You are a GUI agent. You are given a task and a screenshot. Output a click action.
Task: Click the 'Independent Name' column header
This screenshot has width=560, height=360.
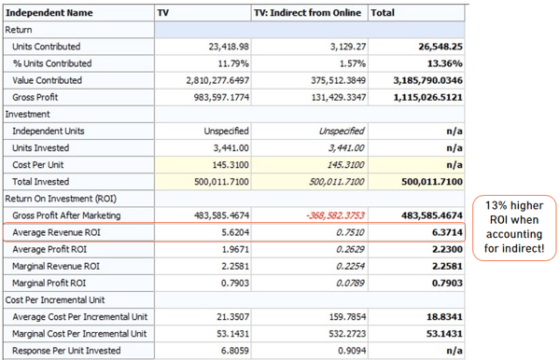49,13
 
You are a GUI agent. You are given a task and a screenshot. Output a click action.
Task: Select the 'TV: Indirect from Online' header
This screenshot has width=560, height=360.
307,13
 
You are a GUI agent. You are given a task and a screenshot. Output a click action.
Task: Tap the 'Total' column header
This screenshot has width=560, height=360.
383,13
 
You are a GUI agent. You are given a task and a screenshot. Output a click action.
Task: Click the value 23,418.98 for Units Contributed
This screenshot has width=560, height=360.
229,47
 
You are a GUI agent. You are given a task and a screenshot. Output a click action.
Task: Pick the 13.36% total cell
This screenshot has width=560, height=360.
444,63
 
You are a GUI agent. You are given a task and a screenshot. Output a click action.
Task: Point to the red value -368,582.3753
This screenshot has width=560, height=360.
335,215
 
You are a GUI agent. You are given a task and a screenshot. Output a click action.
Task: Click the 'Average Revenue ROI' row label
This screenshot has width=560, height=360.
56,232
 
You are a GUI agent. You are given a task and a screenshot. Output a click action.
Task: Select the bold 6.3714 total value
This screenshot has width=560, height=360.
447,232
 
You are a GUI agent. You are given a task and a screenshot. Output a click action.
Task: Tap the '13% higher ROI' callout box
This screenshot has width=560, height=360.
514,228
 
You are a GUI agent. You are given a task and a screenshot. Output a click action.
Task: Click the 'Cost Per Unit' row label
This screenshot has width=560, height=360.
38,165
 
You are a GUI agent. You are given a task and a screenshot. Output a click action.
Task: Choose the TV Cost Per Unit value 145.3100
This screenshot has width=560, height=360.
231,165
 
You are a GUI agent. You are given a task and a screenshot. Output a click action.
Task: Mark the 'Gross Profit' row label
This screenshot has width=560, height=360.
35,97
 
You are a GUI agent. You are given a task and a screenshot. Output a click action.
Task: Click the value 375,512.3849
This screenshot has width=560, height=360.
338,80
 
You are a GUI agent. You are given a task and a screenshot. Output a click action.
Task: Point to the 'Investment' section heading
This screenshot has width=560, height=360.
27,114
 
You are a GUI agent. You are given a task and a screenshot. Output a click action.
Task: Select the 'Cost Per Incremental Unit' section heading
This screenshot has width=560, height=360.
55,300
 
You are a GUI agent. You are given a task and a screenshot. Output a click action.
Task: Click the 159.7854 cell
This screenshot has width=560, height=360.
347,317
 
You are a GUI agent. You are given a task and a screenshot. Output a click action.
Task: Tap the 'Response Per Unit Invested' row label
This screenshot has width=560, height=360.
66,351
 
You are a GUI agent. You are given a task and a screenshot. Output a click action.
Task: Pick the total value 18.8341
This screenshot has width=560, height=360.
444,317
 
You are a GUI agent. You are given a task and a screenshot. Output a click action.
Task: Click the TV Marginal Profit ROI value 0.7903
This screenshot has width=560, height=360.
235,284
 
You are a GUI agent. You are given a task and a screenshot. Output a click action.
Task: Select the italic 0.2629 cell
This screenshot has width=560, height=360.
350,249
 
